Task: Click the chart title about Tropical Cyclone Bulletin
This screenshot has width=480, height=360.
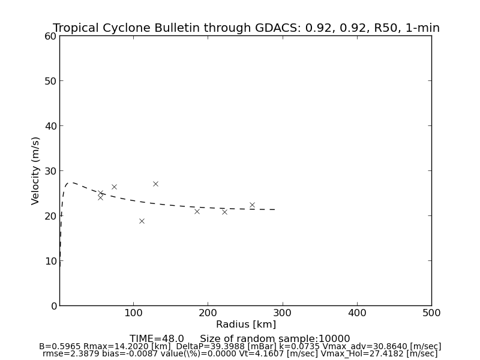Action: click(246, 28)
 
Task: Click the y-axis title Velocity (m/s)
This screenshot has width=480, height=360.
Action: click(36, 170)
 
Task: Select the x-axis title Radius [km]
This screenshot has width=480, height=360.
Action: click(246, 325)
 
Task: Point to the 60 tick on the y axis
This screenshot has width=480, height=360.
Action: click(50, 36)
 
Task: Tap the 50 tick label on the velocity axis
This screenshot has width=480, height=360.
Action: click(50, 81)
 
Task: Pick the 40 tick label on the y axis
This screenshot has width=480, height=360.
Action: click(50, 126)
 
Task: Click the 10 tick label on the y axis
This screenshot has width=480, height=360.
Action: click(50, 261)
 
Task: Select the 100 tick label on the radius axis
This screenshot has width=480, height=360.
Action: click(133, 313)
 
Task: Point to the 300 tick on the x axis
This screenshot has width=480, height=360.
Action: click(282, 313)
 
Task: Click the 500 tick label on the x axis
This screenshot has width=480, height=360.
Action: click(431, 313)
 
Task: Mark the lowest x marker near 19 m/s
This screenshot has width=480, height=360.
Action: click(142, 221)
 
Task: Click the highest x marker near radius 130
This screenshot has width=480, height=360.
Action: click(155, 184)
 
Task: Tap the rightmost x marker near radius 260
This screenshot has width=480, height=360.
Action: click(252, 205)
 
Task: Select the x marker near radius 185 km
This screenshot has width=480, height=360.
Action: click(197, 211)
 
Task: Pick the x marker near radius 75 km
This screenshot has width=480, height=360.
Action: click(114, 187)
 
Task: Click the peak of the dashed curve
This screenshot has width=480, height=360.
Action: click(71, 182)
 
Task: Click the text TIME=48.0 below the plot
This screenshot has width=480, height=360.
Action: click(157, 339)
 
